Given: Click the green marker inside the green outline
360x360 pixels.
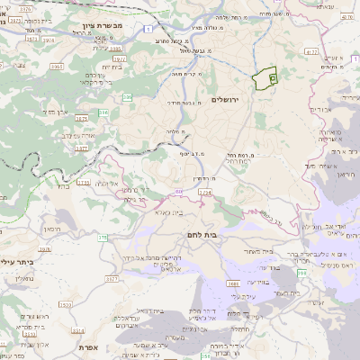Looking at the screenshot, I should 263,79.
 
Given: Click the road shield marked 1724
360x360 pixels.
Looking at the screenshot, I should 206,192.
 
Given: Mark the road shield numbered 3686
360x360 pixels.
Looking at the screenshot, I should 231,283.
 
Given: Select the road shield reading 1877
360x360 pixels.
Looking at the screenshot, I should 82,148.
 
